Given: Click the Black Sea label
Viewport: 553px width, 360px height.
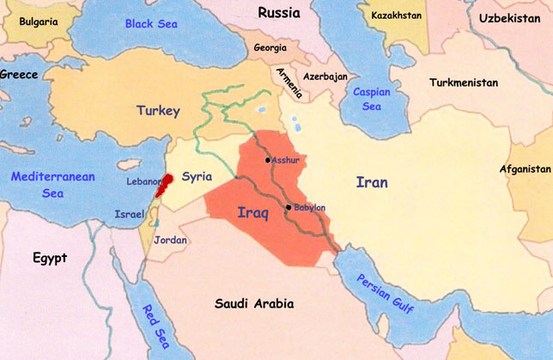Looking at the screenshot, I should coord(150,23).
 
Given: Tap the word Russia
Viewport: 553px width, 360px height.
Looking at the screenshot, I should coord(278,13).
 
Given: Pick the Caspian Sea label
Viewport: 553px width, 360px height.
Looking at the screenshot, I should coord(370,98).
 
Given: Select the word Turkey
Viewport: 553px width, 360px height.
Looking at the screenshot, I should coord(158,111).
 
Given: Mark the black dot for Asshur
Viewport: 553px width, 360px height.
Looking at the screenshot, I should coord(269,160).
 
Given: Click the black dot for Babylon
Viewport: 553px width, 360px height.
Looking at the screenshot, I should coord(289,207).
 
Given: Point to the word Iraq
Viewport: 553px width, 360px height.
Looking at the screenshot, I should coord(252,215).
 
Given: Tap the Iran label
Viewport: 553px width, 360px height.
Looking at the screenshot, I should coord(372,182).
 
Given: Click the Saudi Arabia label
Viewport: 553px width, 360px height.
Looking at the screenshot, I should coord(253,304).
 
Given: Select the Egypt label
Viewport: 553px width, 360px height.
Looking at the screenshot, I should coord(50,257).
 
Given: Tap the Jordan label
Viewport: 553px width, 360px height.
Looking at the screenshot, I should coord(170,241).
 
